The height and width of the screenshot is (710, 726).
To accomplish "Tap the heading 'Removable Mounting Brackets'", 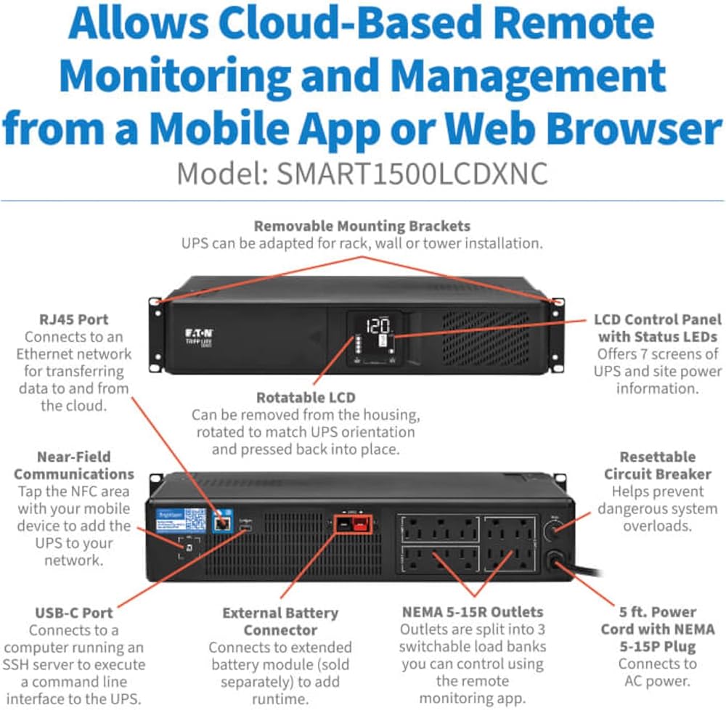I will pyautogui.click(x=362, y=226).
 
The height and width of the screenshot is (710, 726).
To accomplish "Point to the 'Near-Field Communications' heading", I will pyautogui.click(x=74, y=465).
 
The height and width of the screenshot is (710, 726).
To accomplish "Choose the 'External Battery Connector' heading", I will pyautogui.click(x=280, y=621).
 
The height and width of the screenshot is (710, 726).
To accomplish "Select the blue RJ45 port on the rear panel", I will pyautogui.click(x=223, y=521).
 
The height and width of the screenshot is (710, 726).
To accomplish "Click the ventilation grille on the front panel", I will pyautogui.click(x=486, y=338).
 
